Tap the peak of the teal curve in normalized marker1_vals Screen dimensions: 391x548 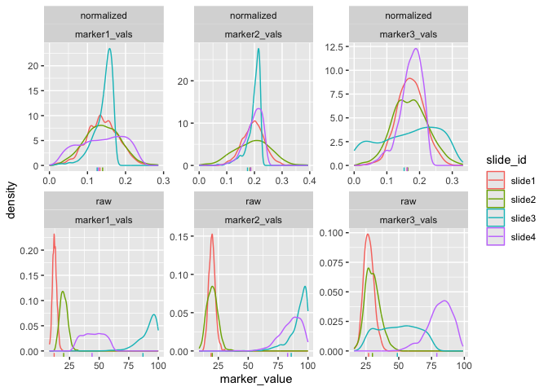[109, 49]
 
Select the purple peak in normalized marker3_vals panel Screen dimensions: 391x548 [417, 49]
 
